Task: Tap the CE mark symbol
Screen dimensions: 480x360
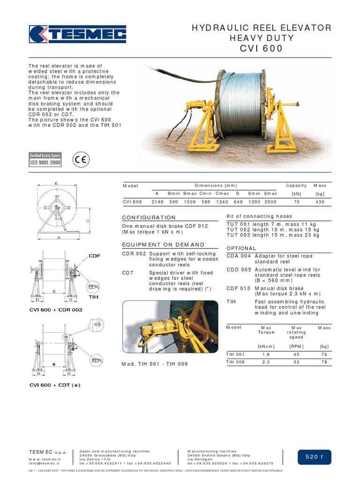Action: (81, 160)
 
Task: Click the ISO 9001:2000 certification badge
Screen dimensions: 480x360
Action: (45, 160)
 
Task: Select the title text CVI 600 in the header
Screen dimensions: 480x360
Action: (262, 48)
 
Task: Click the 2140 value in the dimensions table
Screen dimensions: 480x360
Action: (157, 202)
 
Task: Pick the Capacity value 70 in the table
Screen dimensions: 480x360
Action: (296, 202)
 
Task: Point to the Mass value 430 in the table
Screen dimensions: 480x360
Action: (320, 202)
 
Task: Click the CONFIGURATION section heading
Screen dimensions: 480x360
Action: (149, 217)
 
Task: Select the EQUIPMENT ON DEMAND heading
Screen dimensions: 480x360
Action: (163, 245)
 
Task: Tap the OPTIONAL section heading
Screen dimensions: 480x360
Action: (241, 248)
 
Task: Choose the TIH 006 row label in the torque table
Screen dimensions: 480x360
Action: (236, 362)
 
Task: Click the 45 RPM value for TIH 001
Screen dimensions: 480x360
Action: (296, 354)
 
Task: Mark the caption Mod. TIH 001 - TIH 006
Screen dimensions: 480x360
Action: (155, 364)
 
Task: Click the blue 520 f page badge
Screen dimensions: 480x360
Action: (314, 457)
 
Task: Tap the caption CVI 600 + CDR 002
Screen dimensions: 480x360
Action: (56, 310)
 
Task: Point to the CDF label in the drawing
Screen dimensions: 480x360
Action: (94, 255)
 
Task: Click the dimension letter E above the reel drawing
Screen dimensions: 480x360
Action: (56, 183)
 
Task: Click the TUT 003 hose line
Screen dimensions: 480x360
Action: (273, 235)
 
